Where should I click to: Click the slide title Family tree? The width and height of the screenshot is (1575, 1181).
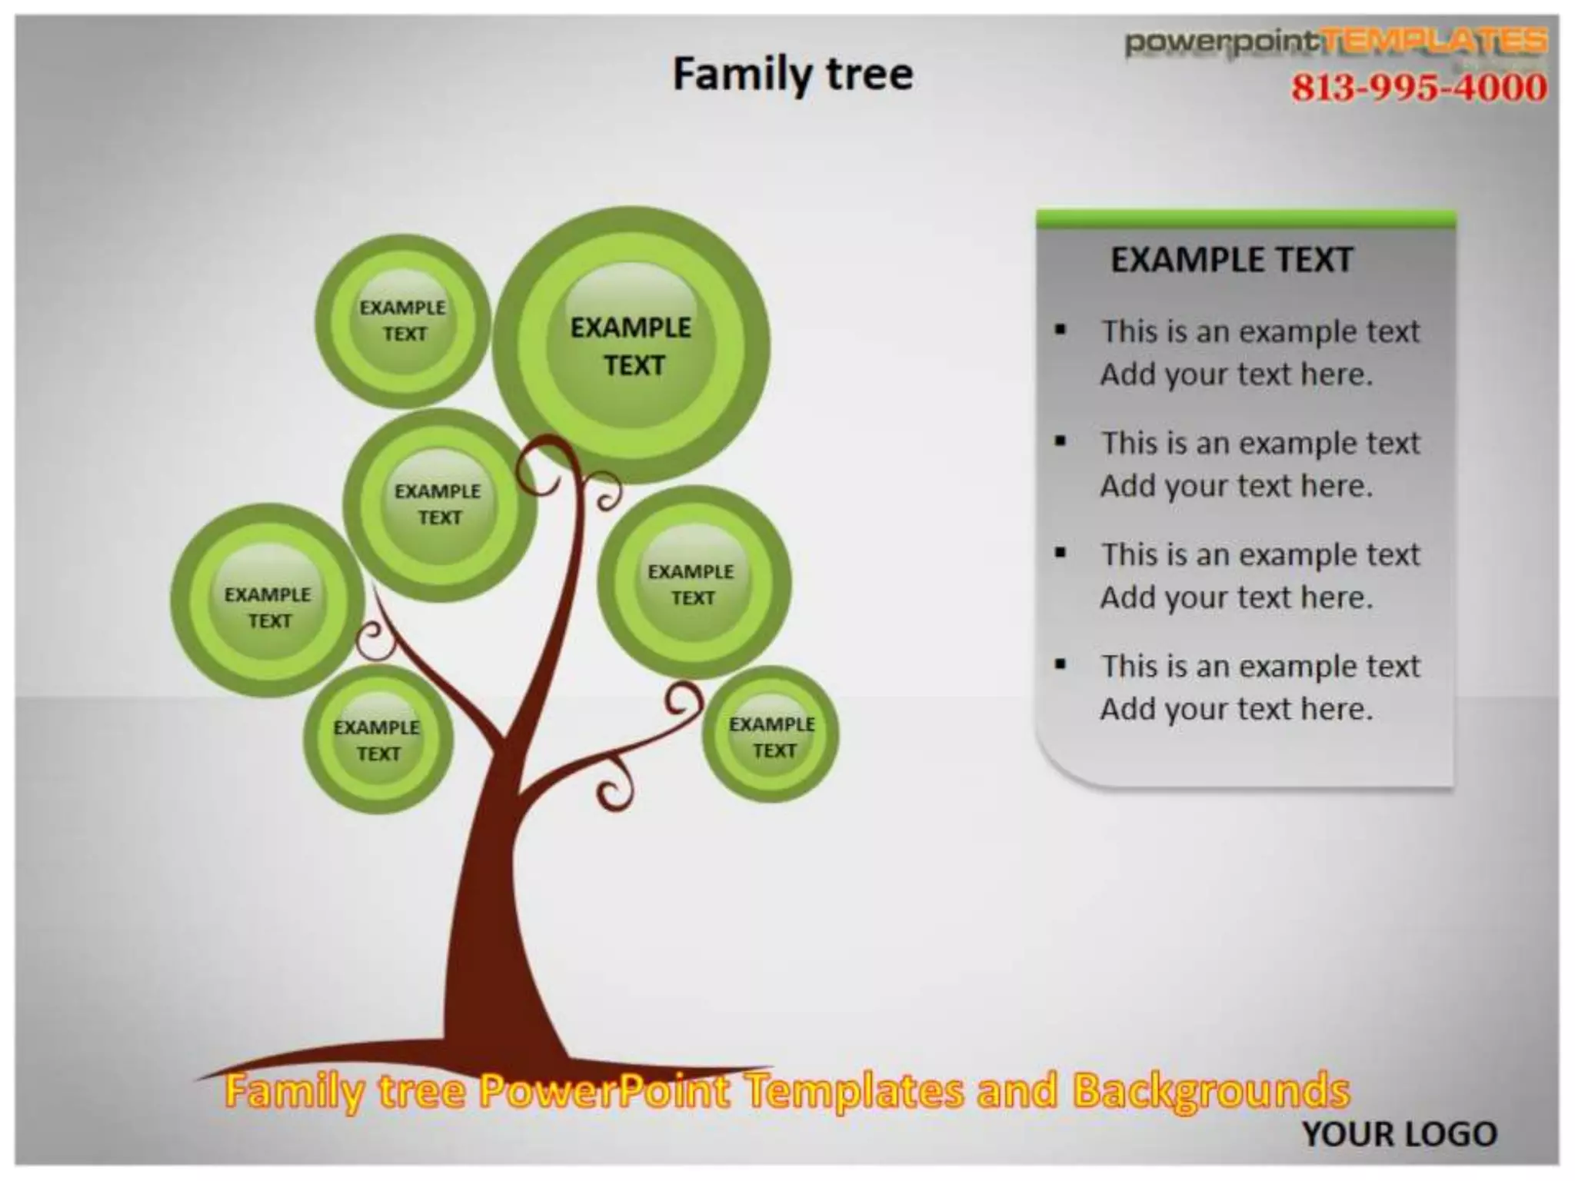click(793, 75)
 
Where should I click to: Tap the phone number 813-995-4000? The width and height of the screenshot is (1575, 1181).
click(1418, 87)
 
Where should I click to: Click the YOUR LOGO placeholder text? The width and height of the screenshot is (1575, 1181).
click(1399, 1134)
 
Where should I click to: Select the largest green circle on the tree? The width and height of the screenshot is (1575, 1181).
click(631, 346)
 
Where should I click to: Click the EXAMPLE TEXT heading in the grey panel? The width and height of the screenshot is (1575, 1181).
click(1231, 260)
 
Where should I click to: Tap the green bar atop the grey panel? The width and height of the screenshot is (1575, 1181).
click(1246, 219)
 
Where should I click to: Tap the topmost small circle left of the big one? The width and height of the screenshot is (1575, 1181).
click(402, 321)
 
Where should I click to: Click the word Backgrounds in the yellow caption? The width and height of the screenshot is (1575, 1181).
click(1210, 1091)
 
